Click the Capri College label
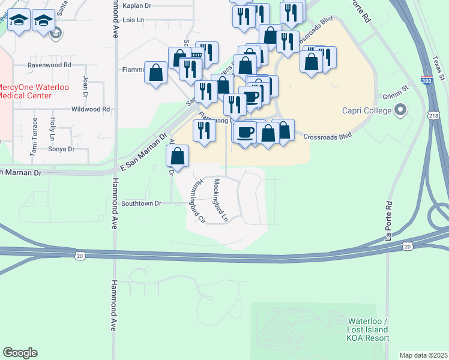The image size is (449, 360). [367, 110]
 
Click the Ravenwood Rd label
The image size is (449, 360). [49, 64]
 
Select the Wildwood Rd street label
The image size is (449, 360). [90, 109]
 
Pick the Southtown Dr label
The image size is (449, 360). [142, 203]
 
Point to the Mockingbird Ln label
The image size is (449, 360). [220, 200]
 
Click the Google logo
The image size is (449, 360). [20, 353]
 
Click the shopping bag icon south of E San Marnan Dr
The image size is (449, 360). [178, 157]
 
